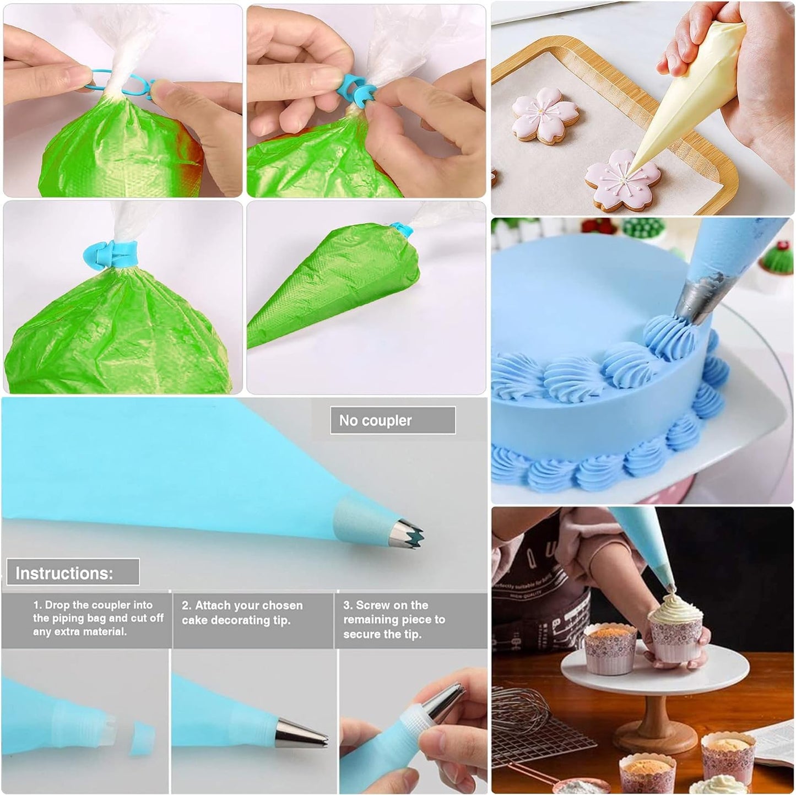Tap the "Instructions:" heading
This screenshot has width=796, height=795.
coord(64,573)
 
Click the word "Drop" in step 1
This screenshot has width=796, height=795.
coord(57,605)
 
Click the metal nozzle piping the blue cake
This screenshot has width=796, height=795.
coord(695,301)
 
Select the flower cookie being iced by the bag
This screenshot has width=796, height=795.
coord(622,182)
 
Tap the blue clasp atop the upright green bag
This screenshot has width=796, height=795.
coord(110,253)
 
